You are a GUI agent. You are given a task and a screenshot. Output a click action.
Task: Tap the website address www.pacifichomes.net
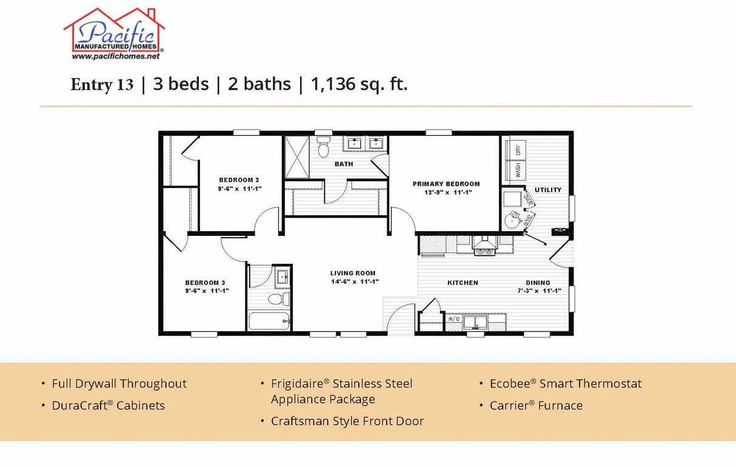click(x=115, y=56)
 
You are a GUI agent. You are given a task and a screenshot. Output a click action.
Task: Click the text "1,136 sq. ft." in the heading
click(x=359, y=84)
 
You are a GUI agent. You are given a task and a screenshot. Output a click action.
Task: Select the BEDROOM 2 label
click(x=239, y=180)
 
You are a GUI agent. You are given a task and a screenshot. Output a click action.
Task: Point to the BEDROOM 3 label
click(x=205, y=283)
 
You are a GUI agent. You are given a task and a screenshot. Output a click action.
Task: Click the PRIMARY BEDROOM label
click(x=446, y=184)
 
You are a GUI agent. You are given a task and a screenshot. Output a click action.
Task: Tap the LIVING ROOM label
click(x=353, y=274)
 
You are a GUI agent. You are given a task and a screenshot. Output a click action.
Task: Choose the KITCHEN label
click(x=463, y=283)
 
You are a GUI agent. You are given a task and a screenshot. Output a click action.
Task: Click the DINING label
click(x=538, y=283)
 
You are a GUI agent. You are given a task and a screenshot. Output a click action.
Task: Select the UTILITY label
click(x=547, y=190)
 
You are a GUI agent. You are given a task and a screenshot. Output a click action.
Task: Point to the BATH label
click(x=344, y=164)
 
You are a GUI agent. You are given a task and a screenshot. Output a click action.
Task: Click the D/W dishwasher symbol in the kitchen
click(x=453, y=318)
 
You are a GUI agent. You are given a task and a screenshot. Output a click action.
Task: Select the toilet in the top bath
click(x=323, y=147)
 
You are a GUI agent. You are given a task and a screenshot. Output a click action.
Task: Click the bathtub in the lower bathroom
click(x=269, y=321)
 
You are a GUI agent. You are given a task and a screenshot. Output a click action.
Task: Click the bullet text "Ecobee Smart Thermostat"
click(x=565, y=384)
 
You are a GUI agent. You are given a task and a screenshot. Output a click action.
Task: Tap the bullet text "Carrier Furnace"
click(x=536, y=406)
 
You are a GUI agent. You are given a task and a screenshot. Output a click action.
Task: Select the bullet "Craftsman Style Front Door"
click(x=347, y=421)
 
